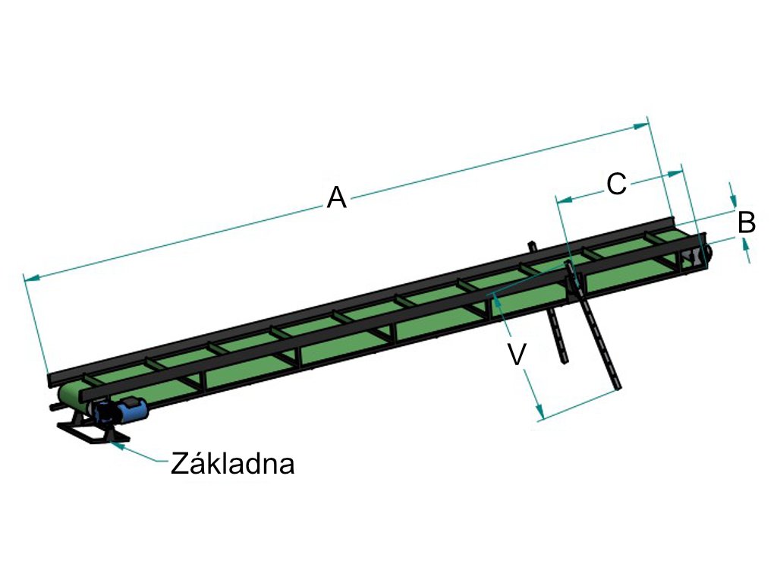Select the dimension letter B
747,223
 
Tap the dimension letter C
617,184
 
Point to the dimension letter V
517,354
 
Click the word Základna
232,463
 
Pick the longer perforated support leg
598,334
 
